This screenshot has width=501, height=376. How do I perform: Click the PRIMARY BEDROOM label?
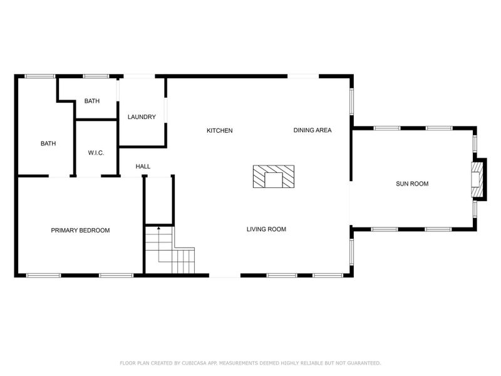coord(80,231)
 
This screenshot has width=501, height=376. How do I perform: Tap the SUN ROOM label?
coord(412,184)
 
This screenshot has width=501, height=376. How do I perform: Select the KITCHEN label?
coord(220,131)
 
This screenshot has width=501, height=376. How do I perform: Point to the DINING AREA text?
coord(312,130)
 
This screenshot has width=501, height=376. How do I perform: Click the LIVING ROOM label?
coord(266,229)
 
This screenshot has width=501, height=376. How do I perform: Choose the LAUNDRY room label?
coord(142,117)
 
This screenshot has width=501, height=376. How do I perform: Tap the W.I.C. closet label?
coord(96,154)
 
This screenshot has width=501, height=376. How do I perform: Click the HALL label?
coord(143,167)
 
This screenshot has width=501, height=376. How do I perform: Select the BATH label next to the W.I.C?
coord(48,144)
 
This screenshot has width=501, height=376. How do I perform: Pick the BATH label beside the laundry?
coord(92,101)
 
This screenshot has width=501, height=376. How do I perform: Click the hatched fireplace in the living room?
coord(274,177)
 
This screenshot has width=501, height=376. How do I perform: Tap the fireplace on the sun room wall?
coord(478,179)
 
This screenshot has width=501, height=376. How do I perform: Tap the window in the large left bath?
coord(39,76)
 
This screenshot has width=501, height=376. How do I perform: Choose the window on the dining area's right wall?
coord(352,102)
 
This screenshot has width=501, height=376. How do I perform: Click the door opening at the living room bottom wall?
coord(225,275)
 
